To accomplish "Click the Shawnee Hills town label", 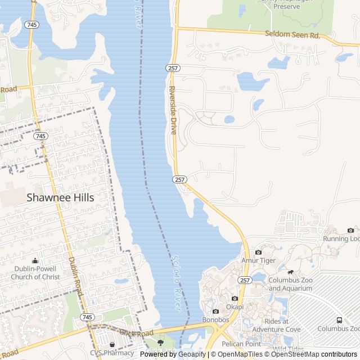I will pos(61,197).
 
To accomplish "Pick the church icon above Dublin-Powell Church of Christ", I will pos(35,260).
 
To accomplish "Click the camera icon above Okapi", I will pos(235,298).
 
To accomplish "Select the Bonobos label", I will pos(215,320).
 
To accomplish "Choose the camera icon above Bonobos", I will pos(215,311).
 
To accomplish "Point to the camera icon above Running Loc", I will pos(351,230).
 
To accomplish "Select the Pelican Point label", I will pos(241,343).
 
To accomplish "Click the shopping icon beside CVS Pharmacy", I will pos(112,345).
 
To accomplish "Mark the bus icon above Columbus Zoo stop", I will pos(339,320).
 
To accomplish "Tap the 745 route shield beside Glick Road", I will pos(87,317).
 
